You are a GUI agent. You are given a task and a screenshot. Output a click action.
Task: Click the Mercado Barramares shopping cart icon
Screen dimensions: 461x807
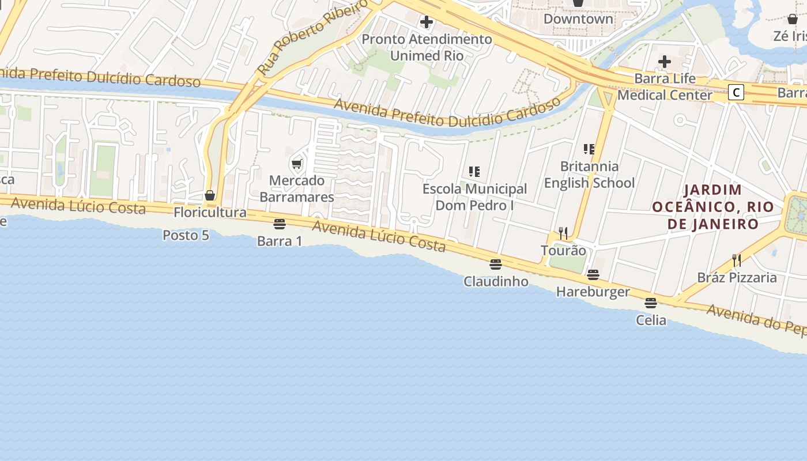[x=297, y=164]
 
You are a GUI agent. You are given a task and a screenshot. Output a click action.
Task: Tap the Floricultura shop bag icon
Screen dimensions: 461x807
[x=210, y=196]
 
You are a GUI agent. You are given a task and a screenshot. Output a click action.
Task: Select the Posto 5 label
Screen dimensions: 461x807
[x=186, y=235]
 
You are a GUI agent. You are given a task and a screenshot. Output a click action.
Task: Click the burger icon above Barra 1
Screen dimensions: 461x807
[x=280, y=224]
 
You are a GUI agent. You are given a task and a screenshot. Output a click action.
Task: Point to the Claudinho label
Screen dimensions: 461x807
[x=496, y=281]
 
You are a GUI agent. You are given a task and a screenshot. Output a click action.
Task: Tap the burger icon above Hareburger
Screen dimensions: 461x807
[x=593, y=275]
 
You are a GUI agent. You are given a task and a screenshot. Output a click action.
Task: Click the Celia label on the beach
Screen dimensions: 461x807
[x=651, y=320]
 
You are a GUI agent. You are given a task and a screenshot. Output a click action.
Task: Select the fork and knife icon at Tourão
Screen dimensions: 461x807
[x=563, y=233]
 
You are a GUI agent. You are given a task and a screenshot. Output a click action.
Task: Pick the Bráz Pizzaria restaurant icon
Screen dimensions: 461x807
[x=737, y=260]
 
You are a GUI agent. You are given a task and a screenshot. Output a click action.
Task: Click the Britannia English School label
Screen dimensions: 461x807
[x=589, y=175]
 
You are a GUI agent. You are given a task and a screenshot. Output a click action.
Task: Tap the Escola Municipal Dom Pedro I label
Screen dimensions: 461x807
[x=474, y=197]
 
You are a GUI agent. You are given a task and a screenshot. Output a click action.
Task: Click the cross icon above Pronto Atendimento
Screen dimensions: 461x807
[x=427, y=22]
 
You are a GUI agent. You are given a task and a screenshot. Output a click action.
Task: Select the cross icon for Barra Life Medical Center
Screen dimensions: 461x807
[x=665, y=61]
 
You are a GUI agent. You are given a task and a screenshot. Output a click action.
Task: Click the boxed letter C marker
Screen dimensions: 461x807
[x=736, y=92]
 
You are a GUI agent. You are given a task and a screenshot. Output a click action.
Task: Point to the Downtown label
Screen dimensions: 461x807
[x=578, y=18]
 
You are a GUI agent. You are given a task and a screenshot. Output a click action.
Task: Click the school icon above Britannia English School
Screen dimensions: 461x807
[x=589, y=149]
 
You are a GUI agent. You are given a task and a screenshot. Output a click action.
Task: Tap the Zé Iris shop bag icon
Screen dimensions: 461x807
[x=793, y=19]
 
